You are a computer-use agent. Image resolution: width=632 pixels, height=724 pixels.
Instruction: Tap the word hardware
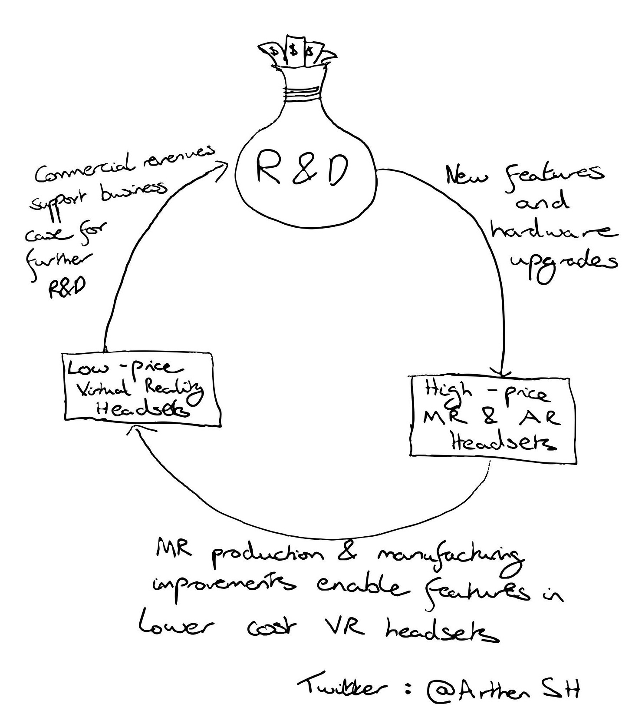[x=553, y=230]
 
